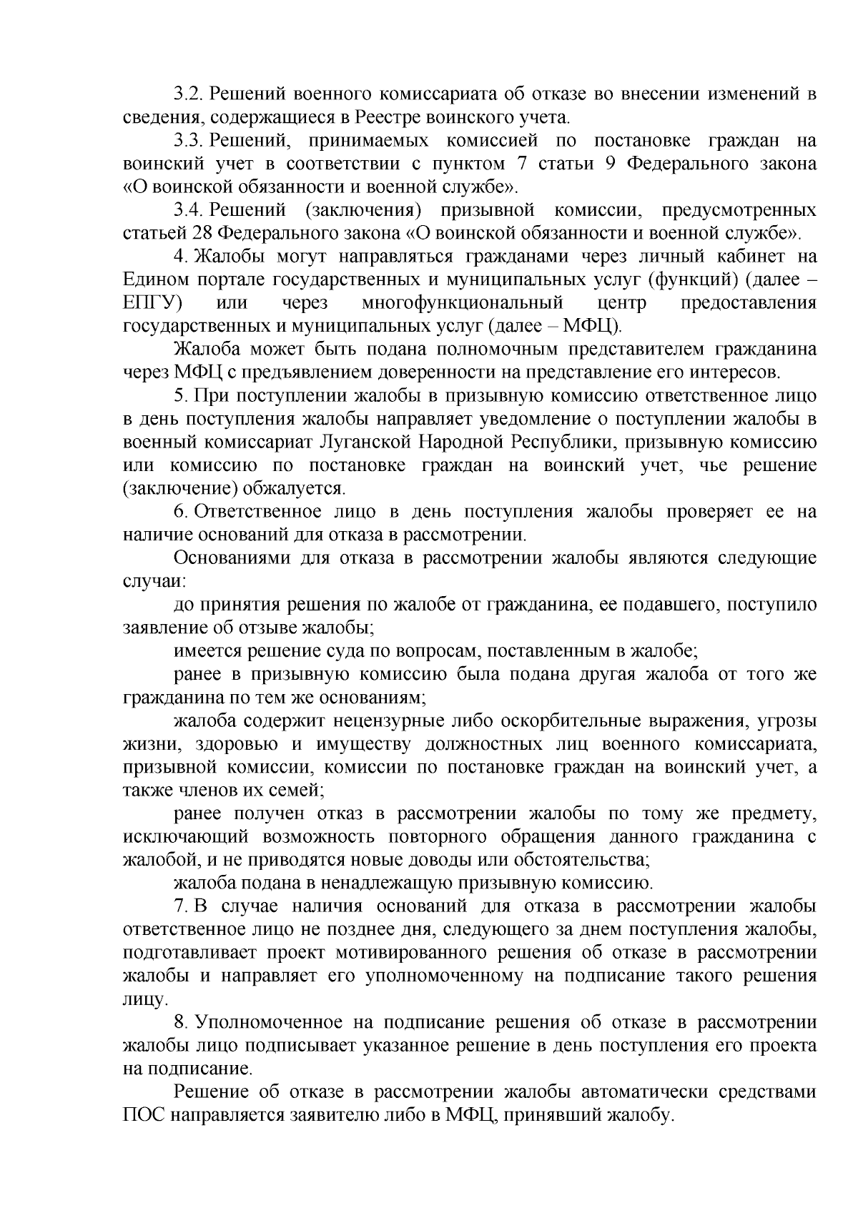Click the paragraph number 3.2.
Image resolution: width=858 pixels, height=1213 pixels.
[187, 94]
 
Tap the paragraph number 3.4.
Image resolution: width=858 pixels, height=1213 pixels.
[187, 210]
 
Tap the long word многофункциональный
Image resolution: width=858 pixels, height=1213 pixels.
[463, 303]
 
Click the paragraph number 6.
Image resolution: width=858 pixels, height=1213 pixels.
[180, 513]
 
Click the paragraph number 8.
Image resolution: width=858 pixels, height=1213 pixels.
[180, 1023]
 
